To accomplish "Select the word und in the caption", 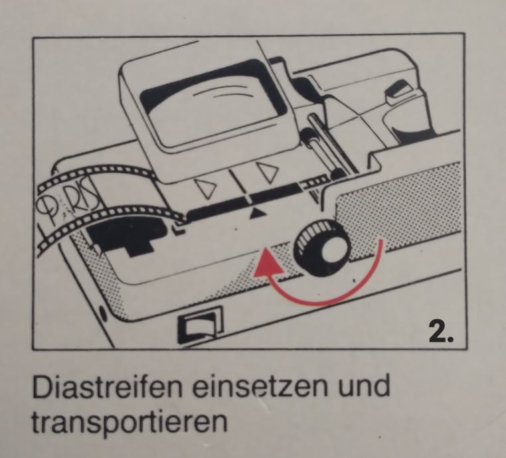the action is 364,386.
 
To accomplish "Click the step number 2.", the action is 441,331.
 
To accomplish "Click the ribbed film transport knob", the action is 321,246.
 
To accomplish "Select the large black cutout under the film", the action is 127,235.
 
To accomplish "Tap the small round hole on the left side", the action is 104,313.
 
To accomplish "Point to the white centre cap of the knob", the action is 333,252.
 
